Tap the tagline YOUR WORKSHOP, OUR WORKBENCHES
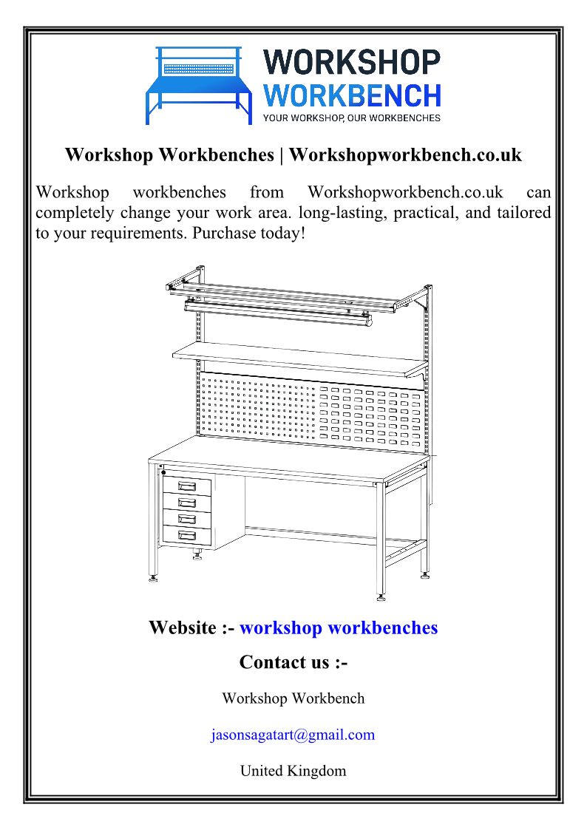(x=352, y=118)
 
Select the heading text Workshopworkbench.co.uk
(x=405, y=155)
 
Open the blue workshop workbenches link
(x=339, y=627)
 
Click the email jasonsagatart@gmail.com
(x=293, y=735)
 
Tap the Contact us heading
(x=293, y=662)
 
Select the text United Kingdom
(x=293, y=771)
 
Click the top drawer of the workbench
(x=187, y=486)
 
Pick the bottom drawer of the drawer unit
(x=187, y=534)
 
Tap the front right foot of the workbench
(x=381, y=596)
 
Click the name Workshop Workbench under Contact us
(x=293, y=698)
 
